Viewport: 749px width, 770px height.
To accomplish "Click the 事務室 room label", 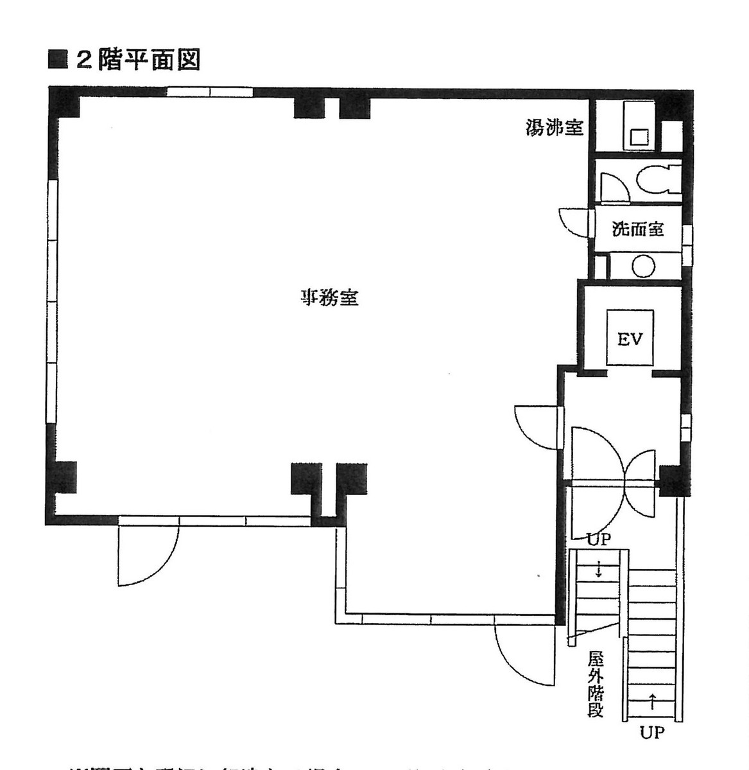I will [330, 298].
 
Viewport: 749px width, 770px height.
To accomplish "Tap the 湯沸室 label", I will [554, 128].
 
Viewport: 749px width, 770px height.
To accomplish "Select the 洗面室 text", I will [637, 229].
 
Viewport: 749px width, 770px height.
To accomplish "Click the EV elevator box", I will [630, 338].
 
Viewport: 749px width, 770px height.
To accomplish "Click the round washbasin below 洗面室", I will [643, 265].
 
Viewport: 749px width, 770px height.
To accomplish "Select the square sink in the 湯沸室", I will [639, 137].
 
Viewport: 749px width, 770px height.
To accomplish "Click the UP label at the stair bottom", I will [651, 733].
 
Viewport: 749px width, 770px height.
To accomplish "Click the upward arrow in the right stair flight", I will [652, 701].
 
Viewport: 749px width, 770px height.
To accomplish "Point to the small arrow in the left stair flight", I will [598, 569].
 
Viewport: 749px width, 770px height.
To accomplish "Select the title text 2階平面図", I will [138, 60].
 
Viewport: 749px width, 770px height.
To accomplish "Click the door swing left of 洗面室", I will [575, 222].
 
